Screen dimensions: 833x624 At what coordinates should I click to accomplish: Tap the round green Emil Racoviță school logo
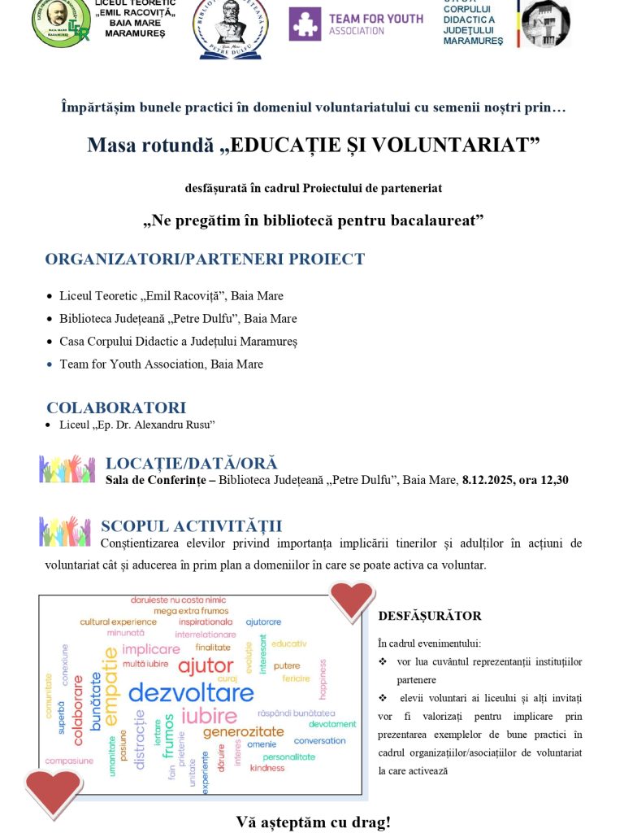[61, 22]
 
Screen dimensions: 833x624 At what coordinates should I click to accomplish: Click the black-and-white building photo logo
[544, 23]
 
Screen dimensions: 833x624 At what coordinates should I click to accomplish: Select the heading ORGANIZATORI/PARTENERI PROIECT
[205, 259]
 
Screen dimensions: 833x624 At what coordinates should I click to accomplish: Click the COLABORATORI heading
[116, 408]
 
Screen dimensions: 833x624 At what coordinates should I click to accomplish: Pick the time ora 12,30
[546, 480]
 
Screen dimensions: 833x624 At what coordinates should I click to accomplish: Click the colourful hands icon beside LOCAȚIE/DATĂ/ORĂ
[67, 469]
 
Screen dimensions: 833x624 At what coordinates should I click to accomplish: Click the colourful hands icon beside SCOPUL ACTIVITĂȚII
[64, 531]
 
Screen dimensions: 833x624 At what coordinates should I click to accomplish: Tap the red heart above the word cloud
[353, 601]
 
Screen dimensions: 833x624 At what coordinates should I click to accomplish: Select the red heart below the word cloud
[54, 791]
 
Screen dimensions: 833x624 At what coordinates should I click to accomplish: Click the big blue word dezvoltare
[191, 693]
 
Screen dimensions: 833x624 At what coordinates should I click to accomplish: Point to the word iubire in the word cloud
[209, 717]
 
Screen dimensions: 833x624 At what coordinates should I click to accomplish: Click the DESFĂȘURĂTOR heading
[430, 617]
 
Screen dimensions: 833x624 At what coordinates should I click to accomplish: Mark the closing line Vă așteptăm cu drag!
[313, 822]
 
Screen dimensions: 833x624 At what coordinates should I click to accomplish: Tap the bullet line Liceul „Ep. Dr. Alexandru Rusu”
[136, 425]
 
